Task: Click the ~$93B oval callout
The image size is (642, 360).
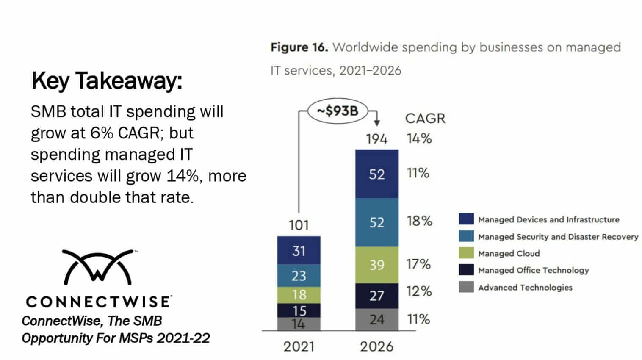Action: pyautogui.click(x=338, y=111)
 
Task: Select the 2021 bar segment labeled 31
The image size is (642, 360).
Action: pyautogui.click(x=299, y=250)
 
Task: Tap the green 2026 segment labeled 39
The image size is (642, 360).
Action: pyautogui.click(x=376, y=265)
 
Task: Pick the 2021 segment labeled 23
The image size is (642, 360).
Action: pyautogui.click(x=299, y=276)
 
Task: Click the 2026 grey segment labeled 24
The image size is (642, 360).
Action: pyautogui.click(x=376, y=319)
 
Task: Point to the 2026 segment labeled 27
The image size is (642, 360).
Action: pyautogui.click(x=376, y=295)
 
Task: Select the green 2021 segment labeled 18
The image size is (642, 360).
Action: pyautogui.click(x=299, y=295)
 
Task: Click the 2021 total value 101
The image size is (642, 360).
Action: pyautogui.click(x=299, y=225)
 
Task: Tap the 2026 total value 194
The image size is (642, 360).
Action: pyautogui.click(x=376, y=138)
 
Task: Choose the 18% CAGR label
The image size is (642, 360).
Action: pyautogui.click(x=419, y=221)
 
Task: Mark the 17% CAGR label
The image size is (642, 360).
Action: pyautogui.click(x=418, y=264)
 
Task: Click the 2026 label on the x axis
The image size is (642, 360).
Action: pyautogui.click(x=376, y=346)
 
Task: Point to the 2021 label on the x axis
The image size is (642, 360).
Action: pyautogui.click(x=299, y=346)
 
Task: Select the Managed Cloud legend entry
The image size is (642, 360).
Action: pyautogui.click(x=509, y=253)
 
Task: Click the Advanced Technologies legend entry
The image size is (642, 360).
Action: pyautogui.click(x=525, y=287)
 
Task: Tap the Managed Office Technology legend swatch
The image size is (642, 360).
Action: pyautogui.click(x=466, y=270)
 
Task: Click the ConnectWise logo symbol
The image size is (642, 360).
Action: pyautogui.click(x=98, y=267)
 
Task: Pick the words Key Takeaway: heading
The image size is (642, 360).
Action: pyautogui.click(x=107, y=80)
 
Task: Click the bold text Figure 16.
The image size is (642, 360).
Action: pyautogui.click(x=299, y=47)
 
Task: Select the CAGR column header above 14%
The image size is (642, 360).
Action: pyautogui.click(x=425, y=118)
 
